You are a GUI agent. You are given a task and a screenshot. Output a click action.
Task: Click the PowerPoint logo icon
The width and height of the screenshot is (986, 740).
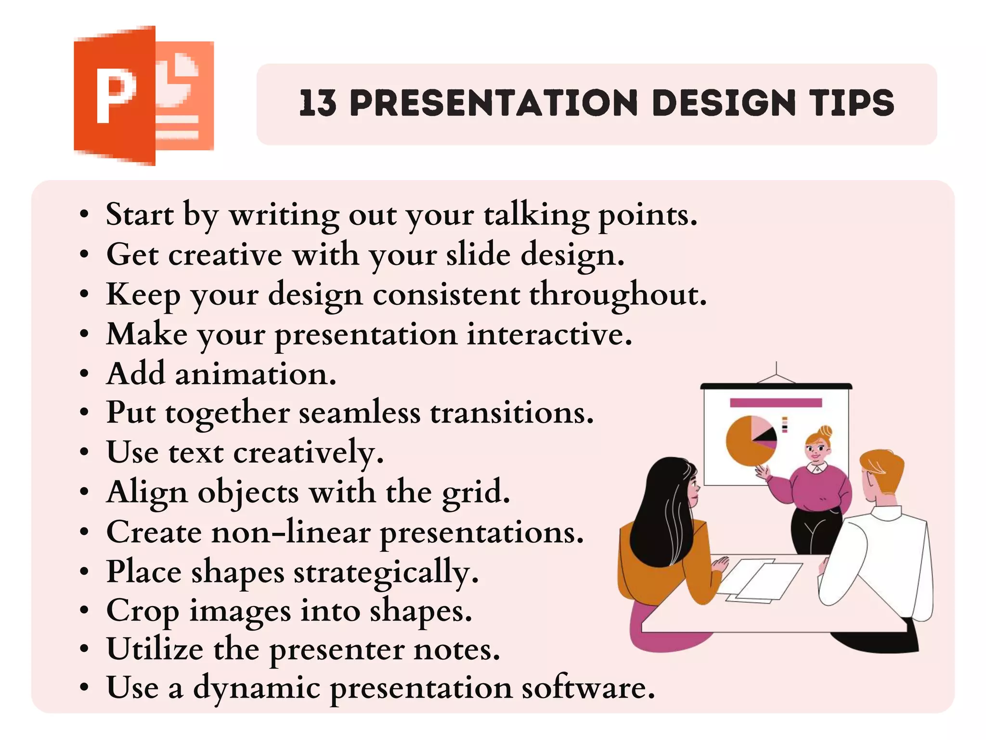143,95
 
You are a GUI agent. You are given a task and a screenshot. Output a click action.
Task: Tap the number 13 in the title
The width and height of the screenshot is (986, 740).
318,103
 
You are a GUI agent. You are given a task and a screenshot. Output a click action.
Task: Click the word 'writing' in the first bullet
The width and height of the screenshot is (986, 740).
284,215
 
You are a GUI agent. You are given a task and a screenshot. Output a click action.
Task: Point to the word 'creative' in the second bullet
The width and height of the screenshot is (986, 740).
225,255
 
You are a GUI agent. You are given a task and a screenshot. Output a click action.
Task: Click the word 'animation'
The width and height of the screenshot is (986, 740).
255,374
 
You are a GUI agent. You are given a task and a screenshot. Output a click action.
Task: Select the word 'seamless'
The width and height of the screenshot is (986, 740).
359,413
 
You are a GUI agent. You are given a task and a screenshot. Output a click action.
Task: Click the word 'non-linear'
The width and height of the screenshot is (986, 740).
290,533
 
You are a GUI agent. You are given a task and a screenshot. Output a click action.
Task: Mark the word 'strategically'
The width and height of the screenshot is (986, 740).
386,573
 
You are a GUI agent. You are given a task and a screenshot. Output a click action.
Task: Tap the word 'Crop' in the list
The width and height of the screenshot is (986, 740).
143,612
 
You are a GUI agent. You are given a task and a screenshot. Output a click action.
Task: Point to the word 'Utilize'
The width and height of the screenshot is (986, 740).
155,650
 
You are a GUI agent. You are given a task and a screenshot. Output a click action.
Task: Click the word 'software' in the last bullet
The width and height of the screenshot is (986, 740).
588,688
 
